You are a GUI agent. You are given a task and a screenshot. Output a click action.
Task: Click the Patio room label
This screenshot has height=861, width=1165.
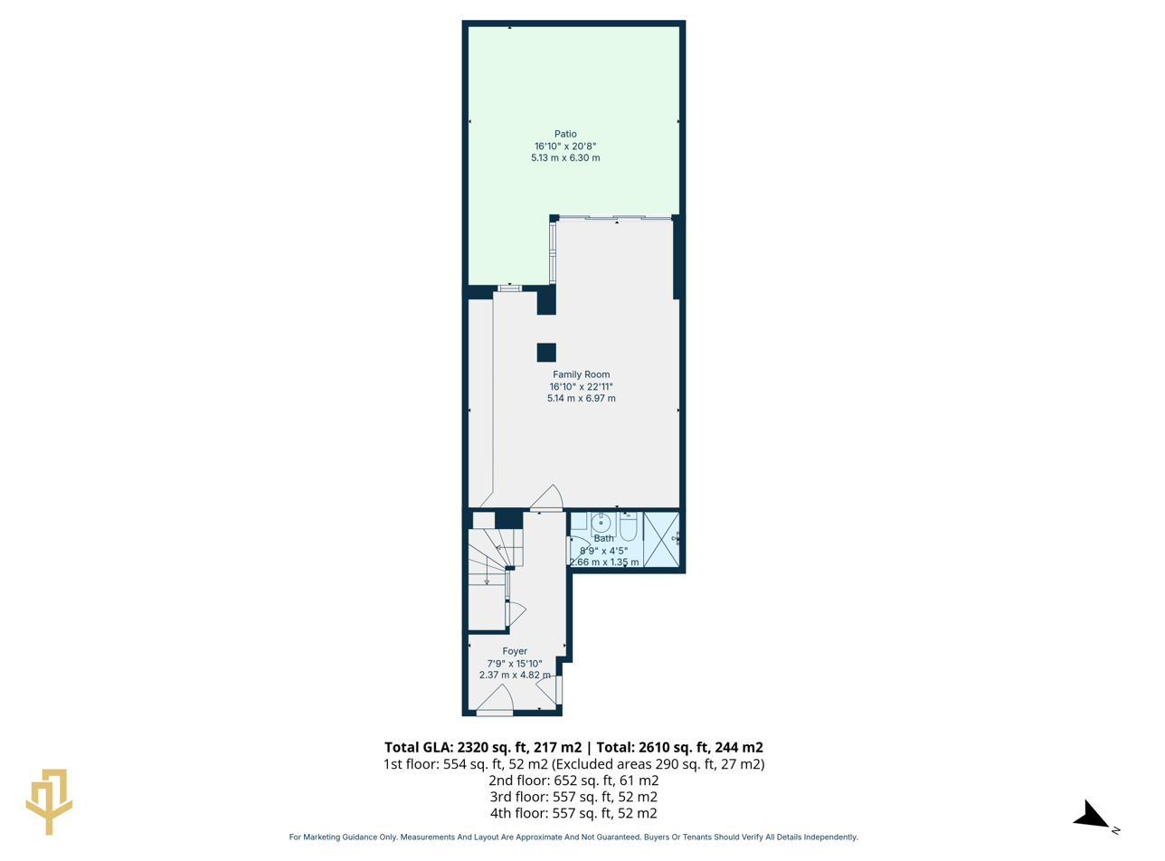coord(565,134)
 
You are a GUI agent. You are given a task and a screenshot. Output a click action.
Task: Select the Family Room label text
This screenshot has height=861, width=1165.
coord(581,374)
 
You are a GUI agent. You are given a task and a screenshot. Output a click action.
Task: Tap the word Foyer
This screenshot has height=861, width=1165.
coord(515,651)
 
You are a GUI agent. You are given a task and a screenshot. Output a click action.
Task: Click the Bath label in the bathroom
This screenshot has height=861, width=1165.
coord(603,538)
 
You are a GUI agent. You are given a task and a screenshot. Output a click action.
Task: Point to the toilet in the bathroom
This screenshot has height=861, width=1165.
coord(629,525)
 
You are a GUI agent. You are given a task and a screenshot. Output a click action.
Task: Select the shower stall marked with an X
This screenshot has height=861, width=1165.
coord(661,540)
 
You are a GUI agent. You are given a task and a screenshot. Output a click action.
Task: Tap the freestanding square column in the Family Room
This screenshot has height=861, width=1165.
coord(546,353)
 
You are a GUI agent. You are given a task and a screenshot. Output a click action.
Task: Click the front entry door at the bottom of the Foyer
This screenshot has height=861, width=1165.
coord(495,702)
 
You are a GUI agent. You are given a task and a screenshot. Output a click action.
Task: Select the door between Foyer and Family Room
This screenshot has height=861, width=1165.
coord(547,499)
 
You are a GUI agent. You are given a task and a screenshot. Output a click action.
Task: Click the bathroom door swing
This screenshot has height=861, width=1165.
coord(577,549)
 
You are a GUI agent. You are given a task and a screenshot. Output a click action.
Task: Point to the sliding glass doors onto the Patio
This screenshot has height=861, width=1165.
coord(615,218)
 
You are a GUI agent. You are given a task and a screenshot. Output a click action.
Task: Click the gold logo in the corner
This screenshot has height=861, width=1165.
coord(49,800)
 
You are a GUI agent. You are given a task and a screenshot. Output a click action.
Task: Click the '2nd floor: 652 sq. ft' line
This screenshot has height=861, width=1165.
coord(573,781)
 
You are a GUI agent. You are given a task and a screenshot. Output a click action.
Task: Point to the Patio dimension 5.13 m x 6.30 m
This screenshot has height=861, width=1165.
coord(565,157)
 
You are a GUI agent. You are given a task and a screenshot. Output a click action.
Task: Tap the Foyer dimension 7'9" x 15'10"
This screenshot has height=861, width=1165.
coord(515,664)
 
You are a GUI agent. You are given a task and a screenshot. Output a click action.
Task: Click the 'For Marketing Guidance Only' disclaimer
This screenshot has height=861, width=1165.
coord(573,837)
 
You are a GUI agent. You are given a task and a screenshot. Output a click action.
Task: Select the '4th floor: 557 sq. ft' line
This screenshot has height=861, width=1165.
coord(573,813)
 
